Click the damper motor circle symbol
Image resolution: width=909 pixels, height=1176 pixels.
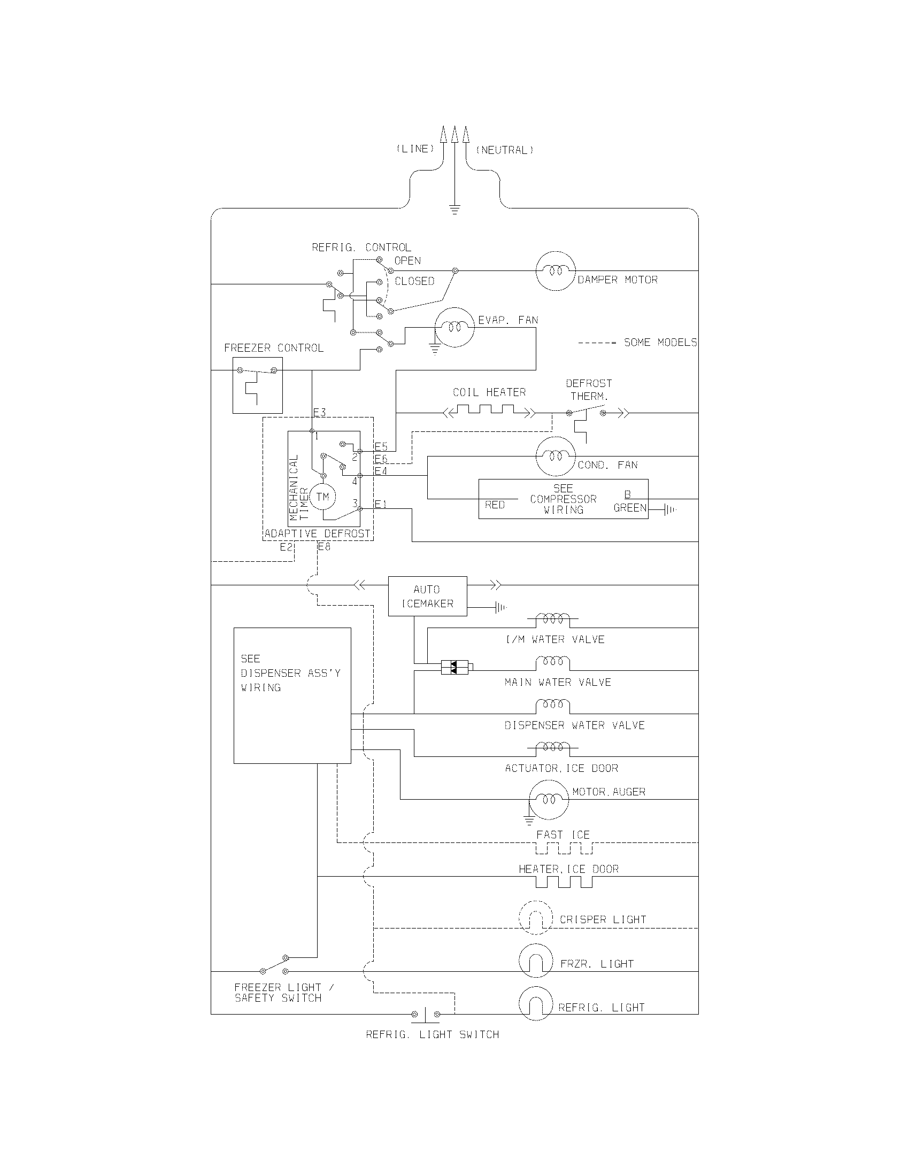tap(556, 271)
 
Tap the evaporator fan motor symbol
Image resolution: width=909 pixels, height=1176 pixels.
tap(454, 327)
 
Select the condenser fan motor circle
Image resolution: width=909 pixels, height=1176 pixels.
tap(556, 457)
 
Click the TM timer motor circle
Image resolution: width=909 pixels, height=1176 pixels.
tap(322, 497)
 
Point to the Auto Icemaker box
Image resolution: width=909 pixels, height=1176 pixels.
tap(428, 596)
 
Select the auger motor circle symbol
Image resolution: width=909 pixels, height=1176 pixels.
tap(548, 800)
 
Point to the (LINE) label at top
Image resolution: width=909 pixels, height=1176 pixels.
tap(415, 149)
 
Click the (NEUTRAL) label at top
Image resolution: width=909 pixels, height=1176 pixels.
tap(505, 150)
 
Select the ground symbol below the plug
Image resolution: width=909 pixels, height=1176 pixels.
tap(455, 210)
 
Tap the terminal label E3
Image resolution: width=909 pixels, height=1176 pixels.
tap(319, 413)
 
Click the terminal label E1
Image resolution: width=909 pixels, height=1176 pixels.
tap(381, 505)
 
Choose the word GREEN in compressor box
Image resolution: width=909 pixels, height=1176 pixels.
tap(629, 508)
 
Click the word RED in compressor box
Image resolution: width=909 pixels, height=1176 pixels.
tap(495, 505)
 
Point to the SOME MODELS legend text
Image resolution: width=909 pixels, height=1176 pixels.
tap(660, 343)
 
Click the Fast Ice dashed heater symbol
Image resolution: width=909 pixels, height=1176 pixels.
tap(563, 849)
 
